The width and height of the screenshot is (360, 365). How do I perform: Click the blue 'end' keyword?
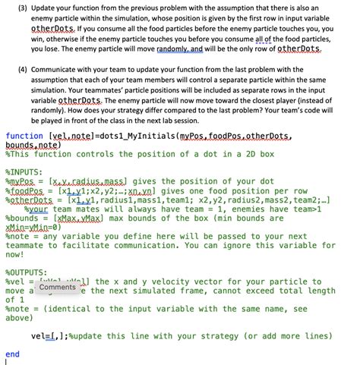pyautogui.click(x=12, y=354)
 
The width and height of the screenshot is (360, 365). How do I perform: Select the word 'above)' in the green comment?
pyautogui.click(x=21, y=319)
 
